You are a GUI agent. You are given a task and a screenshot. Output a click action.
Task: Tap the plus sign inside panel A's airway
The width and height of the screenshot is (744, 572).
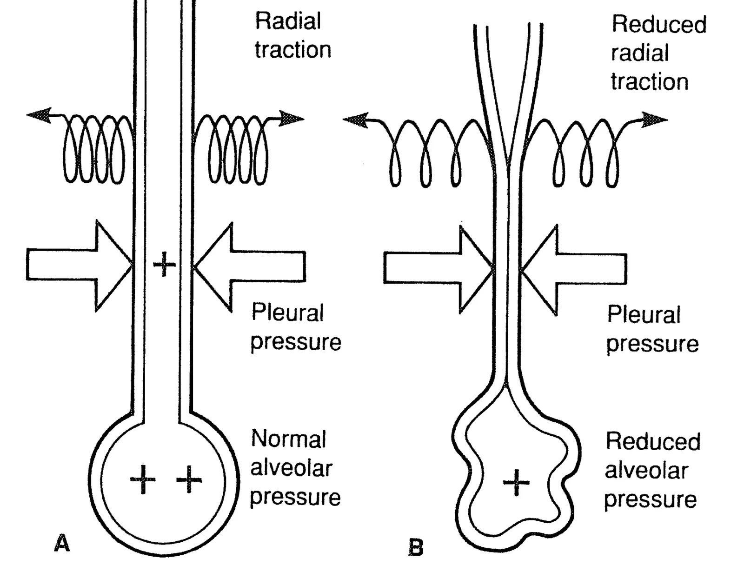[164, 264]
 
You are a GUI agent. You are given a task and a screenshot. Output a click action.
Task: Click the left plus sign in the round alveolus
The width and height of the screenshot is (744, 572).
[143, 479]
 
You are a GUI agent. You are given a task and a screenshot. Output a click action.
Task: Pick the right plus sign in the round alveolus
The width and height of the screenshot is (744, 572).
[189, 479]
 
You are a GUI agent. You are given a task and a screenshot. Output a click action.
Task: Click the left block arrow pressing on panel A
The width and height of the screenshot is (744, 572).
[80, 265]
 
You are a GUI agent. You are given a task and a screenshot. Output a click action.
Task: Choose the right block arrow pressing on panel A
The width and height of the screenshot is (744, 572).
[249, 267]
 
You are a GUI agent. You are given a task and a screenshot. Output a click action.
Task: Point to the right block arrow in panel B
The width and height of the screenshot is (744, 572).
[573, 270]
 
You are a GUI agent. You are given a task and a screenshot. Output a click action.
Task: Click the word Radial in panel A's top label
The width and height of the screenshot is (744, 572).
[288, 21]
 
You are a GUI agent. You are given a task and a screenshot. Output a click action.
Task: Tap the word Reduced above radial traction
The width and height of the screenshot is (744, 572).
[659, 24]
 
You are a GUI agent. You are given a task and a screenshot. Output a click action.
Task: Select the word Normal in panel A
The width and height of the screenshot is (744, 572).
[289, 439]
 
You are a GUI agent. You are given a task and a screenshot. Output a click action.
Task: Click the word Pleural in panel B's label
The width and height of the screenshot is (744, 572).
[644, 314]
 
